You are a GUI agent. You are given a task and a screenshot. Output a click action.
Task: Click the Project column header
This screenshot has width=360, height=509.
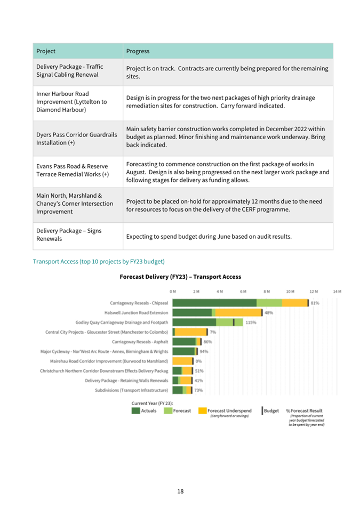(x=46, y=51)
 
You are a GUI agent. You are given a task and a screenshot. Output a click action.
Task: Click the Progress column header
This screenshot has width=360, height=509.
(x=138, y=51)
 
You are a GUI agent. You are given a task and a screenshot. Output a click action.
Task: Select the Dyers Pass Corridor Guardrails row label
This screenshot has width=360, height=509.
(x=77, y=139)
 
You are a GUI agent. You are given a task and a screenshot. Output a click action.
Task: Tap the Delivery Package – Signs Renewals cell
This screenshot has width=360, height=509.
(x=69, y=235)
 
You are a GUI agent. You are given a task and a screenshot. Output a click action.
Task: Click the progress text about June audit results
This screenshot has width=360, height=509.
(x=209, y=237)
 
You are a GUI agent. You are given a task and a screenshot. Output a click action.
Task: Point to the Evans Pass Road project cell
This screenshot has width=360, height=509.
(x=73, y=170)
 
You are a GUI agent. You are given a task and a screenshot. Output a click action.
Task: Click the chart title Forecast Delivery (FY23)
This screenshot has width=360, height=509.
(x=180, y=277)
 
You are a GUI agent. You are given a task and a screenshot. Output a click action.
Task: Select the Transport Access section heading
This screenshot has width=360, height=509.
(x=99, y=262)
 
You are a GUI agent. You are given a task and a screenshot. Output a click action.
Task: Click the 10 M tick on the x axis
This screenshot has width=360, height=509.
(x=290, y=292)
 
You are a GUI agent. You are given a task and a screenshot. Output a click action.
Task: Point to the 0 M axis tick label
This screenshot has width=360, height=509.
(x=172, y=292)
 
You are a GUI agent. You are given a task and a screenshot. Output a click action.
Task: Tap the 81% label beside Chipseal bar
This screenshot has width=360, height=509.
(x=315, y=303)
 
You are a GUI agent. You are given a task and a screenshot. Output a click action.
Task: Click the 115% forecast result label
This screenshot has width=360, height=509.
(x=251, y=322)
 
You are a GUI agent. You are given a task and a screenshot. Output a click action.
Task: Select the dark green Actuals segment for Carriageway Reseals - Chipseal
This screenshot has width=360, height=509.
(x=214, y=303)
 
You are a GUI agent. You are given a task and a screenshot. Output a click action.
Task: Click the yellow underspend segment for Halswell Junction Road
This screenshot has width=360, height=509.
(x=238, y=313)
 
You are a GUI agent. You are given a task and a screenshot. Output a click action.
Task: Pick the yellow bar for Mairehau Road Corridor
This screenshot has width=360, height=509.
(x=182, y=361)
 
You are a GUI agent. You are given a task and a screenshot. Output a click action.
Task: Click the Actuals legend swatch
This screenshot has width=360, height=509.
(x=136, y=410)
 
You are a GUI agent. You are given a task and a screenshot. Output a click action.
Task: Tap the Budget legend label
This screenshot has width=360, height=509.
(x=271, y=410)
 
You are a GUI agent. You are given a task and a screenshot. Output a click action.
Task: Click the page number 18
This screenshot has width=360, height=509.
(x=180, y=491)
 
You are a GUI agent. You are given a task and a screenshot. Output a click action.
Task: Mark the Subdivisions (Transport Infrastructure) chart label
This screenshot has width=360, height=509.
(x=132, y=390)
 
